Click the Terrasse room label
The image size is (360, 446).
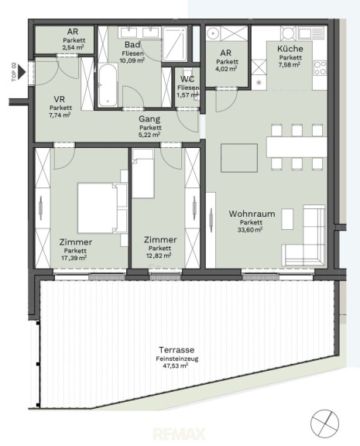click(177, 350)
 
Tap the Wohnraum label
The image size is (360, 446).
click(252, 214)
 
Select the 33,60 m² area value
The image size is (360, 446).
click(250, 229)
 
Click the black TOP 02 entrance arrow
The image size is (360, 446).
click(22, 72)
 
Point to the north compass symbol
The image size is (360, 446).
click(324, 424)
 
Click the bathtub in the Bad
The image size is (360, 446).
click(108, 84)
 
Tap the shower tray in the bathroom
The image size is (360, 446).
click(175, 44)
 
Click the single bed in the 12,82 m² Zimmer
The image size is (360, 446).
click(143, 173)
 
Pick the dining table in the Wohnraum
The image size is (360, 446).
click(297, 147)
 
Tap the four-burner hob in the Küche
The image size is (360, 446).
click(320, 68)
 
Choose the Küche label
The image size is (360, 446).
click(290, 49)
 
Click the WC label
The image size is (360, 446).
click(187, 79)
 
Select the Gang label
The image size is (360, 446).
click(149, 119)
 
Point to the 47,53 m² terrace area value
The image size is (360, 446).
click(175, 365)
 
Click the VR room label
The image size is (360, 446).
click(60, 99)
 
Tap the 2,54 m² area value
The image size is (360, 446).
click(73, 47)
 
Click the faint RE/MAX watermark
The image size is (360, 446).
click(179, 434)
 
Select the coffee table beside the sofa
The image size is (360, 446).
click(287, 219)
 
